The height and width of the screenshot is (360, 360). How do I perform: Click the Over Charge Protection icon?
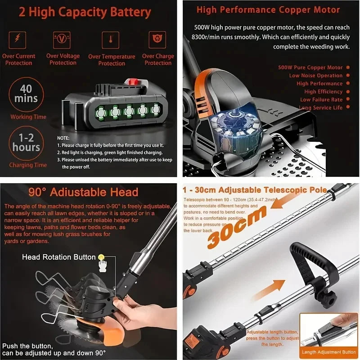coord(158,40)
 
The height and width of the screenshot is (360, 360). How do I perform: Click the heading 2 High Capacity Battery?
coord(85,12)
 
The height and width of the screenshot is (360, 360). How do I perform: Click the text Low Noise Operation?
coord(315,76)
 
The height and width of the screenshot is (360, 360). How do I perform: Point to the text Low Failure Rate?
coord(321,99)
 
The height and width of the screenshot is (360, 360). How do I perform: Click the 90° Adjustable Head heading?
coord(83,193)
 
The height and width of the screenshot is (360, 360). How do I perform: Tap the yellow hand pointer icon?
coord(102,258)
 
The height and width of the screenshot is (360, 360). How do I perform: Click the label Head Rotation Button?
coord(59,257)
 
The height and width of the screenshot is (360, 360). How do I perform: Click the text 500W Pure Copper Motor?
coord(310,67)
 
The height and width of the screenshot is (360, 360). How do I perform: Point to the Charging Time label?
coord(28,165)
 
